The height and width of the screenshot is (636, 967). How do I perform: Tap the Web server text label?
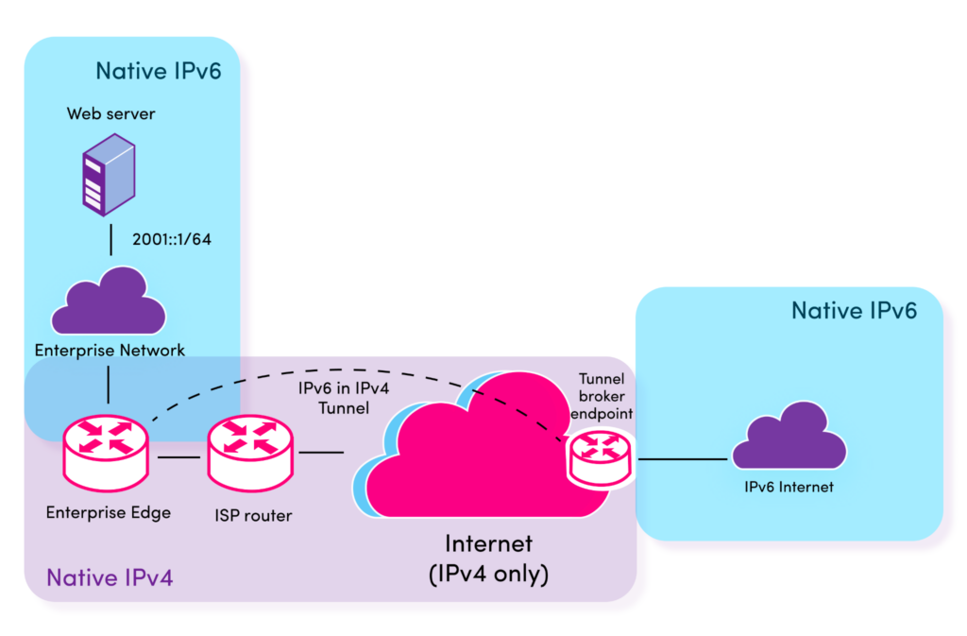click(x=110, y=113)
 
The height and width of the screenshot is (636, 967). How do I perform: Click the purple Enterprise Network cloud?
click(x=109, y=301)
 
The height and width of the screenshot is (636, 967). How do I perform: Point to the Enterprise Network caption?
click(x=110, y=351)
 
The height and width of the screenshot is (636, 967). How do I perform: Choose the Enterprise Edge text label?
click(x=109, y=513)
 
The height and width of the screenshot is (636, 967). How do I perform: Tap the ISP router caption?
click(x=250, y=516)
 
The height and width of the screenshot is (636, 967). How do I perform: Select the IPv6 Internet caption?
click(x=789, y=488)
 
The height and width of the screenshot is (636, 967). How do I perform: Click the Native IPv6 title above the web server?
click(x=158, y=70)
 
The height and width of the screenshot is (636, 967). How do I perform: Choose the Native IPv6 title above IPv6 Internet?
click(x=854, y=310)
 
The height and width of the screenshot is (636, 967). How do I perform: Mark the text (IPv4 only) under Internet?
click(x=488, y=573)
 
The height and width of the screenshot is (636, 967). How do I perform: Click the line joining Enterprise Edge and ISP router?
click(x=179, y=458)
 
